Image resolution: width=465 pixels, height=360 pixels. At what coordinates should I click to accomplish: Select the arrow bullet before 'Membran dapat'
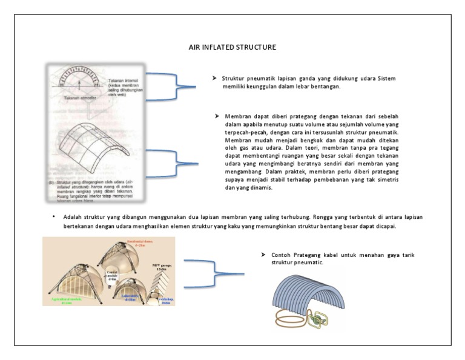[x=217, y=116]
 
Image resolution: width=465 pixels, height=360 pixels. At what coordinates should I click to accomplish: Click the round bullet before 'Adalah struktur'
[x=54, y=216]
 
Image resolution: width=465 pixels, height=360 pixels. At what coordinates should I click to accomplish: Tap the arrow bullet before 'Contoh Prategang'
[x=256, y=255]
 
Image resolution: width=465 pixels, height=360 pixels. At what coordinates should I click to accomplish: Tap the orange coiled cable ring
[x=289, y=319]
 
